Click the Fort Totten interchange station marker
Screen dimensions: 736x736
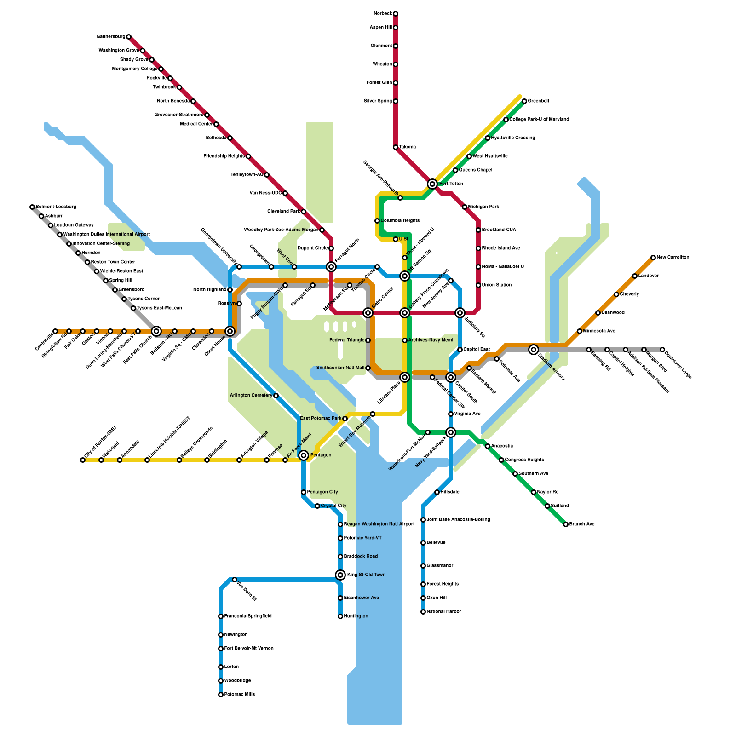432,184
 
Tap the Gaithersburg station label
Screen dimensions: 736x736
111,37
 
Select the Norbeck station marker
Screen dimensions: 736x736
396,14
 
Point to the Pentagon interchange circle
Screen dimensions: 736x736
304,455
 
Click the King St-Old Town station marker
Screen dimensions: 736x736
340,575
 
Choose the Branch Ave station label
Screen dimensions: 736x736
582,524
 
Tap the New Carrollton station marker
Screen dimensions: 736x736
653,258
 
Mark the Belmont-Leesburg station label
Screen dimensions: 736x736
56,207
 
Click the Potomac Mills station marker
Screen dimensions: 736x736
221,695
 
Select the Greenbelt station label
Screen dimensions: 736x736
538,101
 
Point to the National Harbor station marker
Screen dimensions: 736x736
423,612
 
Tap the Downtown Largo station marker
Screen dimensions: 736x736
662,350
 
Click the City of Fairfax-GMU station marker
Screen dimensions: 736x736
83,460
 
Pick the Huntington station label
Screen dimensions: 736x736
356,616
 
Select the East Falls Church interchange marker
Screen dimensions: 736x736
156,331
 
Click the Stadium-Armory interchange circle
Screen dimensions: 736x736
534,350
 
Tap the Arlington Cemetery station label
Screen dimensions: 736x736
251,396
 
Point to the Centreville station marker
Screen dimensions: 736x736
55,331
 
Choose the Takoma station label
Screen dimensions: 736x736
407,147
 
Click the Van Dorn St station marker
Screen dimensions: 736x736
235,580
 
